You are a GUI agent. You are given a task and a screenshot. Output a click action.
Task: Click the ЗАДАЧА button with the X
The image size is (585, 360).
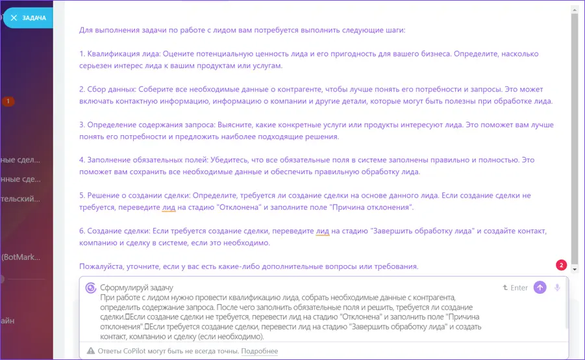28,18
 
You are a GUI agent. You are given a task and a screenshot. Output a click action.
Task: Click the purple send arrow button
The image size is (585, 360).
540,288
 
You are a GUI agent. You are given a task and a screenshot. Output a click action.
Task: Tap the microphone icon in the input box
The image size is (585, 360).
557,288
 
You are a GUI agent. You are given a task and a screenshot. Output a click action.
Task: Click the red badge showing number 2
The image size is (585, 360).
562,265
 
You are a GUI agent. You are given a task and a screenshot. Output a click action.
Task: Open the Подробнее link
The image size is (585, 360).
260,352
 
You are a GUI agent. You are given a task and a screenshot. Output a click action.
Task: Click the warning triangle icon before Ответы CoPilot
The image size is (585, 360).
91,352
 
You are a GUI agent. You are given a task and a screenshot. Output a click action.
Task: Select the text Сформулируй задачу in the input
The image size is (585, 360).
136,288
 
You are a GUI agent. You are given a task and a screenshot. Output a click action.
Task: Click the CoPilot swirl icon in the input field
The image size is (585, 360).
91,288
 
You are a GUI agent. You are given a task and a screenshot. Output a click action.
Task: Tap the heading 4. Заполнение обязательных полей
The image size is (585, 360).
149,160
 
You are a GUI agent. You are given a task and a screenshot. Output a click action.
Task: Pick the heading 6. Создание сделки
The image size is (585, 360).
117,231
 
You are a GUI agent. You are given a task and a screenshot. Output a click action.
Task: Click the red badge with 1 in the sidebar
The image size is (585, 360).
8,101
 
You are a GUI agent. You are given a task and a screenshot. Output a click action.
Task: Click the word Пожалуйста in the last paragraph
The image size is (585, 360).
101,266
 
